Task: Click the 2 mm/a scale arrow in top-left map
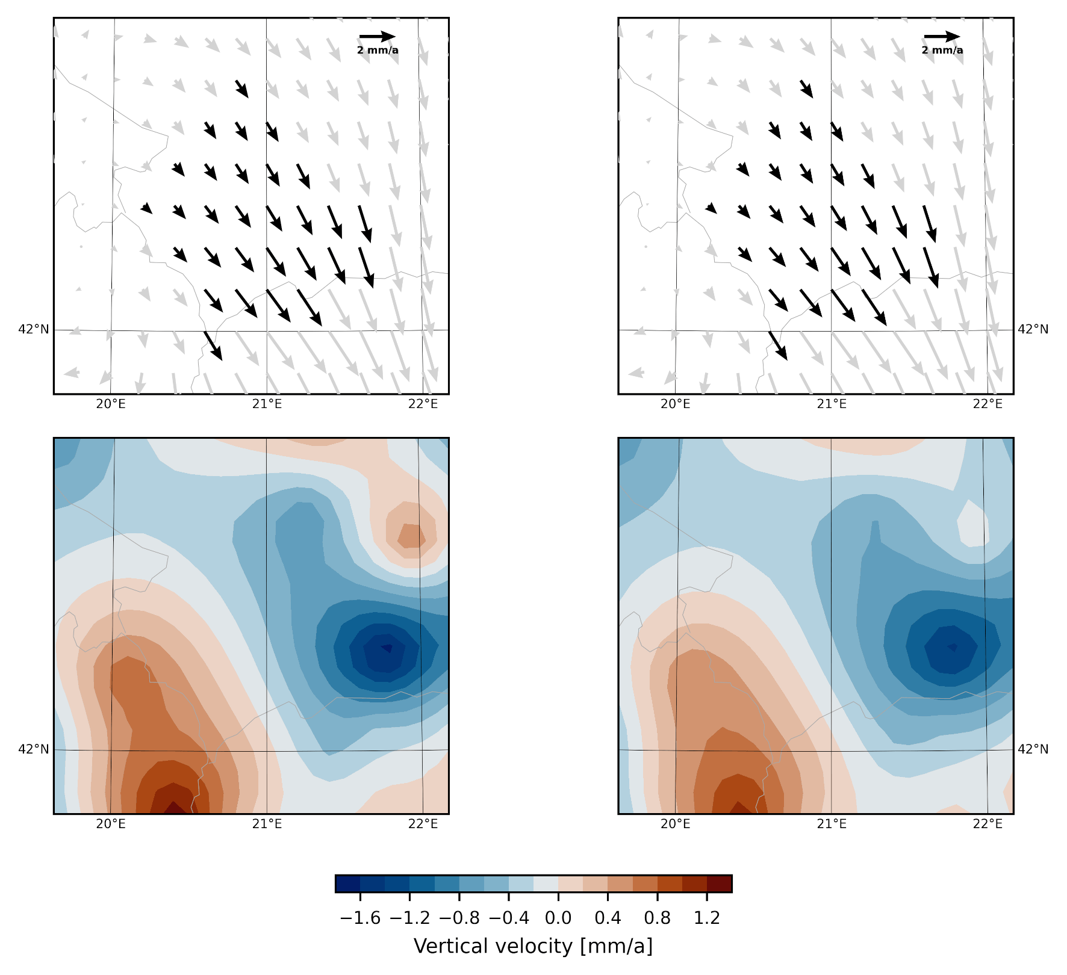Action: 378,37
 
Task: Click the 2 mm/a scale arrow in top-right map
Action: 942,37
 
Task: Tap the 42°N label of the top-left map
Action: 34,329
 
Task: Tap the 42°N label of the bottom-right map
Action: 1033,749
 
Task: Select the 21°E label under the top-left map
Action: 267,404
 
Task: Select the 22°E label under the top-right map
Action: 988,404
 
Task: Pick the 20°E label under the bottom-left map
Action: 111,824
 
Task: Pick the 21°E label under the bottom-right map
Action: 832,824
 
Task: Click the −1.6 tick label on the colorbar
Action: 360,918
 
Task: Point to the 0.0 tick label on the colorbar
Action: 558,918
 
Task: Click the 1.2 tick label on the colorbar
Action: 707,918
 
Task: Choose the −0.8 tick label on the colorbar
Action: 459,918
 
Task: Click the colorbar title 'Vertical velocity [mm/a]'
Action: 533,946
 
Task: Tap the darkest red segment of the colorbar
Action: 720,884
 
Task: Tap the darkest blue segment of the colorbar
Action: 347,884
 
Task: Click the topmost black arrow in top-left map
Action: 241,88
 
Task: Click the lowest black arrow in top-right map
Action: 778,345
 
